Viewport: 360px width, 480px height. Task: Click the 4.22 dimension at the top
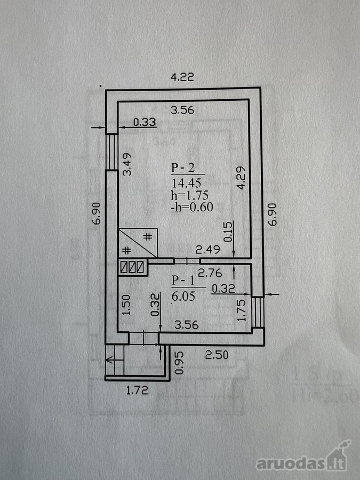click(182, 77)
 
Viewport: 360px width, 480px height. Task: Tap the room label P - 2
click(183, 168)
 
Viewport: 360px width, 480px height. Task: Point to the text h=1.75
click(190, 195)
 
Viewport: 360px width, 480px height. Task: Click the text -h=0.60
click(192, 207)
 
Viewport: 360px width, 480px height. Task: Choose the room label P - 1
click(183, 280)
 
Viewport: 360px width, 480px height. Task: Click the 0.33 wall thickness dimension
click(145, 122)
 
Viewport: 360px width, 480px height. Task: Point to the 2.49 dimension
click(208, 250)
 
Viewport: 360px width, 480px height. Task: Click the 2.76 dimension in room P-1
click(210, 273)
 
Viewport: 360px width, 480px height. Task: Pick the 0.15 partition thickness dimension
click(228, 231)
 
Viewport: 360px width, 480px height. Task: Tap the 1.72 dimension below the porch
click(137, 390)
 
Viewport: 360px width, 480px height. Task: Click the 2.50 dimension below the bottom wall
click(217, 355)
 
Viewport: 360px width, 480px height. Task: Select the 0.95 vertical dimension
click(179, 363)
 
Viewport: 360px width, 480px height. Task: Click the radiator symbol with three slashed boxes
click(132, 267)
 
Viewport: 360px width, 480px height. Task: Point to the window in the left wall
click(112, 152)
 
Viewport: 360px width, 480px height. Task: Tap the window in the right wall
click(258, 312)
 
